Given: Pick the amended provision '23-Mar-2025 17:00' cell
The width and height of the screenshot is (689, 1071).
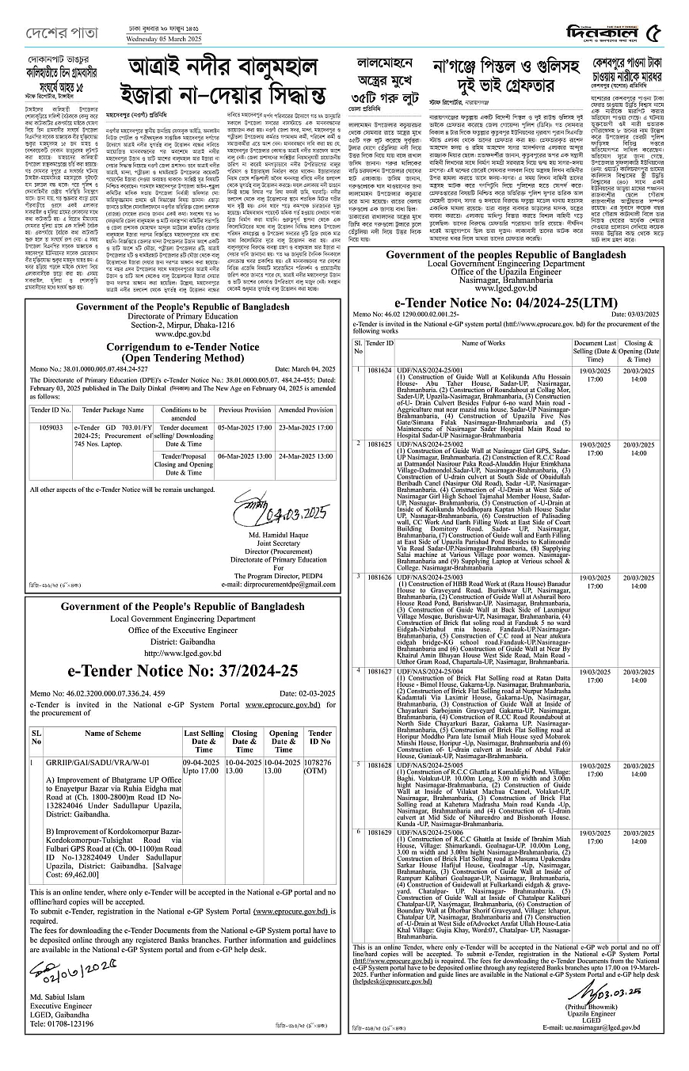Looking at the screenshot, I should tap(306, 427).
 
